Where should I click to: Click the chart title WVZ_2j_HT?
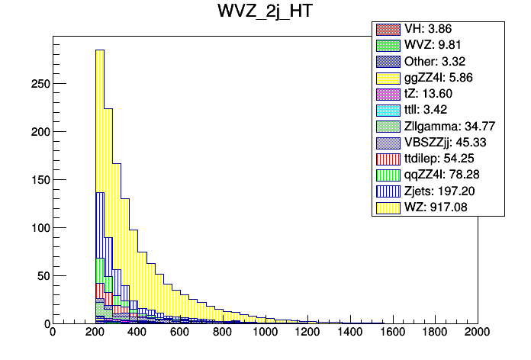point(265,14)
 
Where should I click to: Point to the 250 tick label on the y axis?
point(37,83)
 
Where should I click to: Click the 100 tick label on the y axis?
point(37,227)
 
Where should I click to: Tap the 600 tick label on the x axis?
point(179,333)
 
